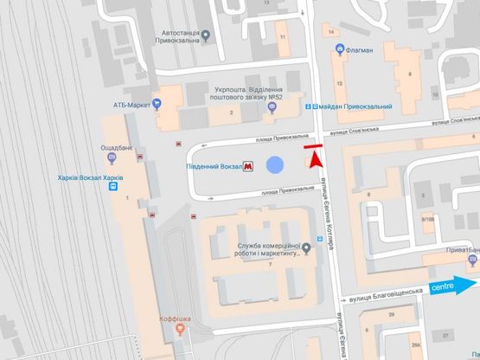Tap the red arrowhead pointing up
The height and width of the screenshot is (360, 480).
[x=315, y=159]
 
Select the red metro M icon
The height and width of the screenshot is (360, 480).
[x=249, y=166]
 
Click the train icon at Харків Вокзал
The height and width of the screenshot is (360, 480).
[x=113, y=188]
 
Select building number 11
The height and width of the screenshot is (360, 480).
[x=281, y=38]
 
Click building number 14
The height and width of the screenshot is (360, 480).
[x=333, y=32]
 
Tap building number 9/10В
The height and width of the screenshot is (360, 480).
[x=427, y=219]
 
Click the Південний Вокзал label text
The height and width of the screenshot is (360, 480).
[x=214, y=166]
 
